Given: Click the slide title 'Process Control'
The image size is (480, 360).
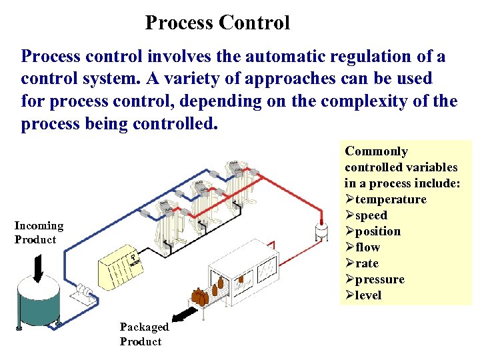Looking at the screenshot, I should [x=217, y=23].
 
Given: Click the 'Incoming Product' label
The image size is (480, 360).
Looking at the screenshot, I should [x=39, y=233].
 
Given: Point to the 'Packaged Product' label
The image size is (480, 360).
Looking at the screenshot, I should [x=144, y=334].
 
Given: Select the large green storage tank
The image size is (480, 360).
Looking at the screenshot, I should [x=39, y=303].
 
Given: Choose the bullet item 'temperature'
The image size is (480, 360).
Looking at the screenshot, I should [x=390, y=199].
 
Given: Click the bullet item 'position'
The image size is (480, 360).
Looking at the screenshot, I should [x=377, y=231].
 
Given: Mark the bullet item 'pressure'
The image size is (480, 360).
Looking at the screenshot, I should [x=379, y=279].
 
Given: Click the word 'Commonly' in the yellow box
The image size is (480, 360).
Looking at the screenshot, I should [x=376, y=151].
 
